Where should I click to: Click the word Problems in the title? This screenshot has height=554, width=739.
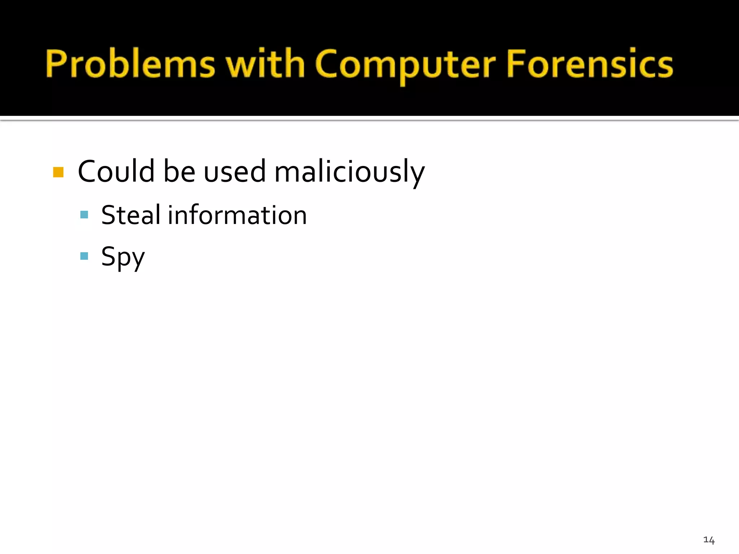[130, 64]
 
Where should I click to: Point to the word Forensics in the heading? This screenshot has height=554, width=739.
[590, 64]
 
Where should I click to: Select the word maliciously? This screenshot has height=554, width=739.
[349, 172]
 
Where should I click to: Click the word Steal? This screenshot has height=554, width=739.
[131, 215]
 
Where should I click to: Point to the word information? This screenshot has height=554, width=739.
[237, 215]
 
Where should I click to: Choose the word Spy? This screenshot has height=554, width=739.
[123, 257]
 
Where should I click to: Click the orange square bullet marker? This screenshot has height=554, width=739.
[58, 172]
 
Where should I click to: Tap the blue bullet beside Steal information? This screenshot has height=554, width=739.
[84, 215]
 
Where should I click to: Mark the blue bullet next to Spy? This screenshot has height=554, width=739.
[84, 256]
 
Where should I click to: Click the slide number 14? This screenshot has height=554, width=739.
[709, 540]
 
